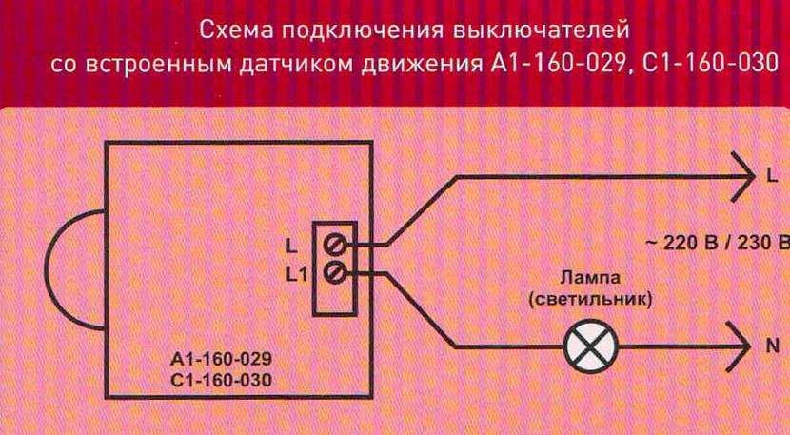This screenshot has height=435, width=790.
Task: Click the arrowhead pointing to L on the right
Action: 741,176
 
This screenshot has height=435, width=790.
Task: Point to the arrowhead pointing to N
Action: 741,347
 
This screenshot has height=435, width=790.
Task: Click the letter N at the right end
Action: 772,347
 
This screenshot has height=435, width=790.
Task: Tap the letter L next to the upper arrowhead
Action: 772,178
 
